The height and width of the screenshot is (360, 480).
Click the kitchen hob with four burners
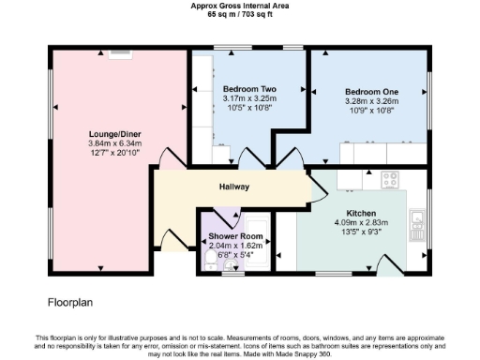pyautogui.click(x=391, y=177)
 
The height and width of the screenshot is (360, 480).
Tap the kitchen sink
pyautogui.click(x=417, y=222)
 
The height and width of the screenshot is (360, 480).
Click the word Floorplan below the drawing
pyautogui.click(x=71, y=303)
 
